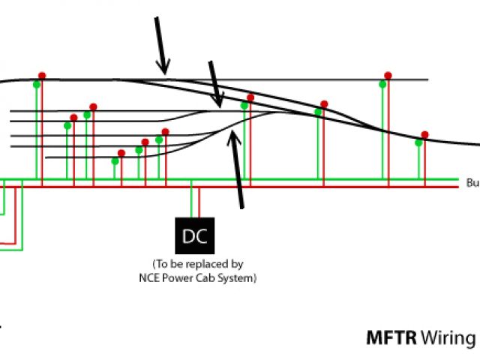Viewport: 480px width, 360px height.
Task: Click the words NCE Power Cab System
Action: click(x=197, y=278)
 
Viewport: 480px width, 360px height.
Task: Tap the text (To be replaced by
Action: click(x=197, y=265)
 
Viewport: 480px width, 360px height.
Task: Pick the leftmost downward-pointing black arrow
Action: click(x=160, y=45)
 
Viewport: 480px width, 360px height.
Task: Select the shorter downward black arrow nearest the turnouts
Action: click(x=216, y=84)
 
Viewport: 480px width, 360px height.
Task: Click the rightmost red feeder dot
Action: click(x=424, y=135)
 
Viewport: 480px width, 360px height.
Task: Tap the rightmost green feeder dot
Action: click(x=418, y=142)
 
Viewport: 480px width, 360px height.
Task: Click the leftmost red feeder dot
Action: click(x=42, y=76)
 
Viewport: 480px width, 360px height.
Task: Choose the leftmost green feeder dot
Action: click(x=36, y=83)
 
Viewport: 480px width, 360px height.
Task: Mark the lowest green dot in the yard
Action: click(x=115, y=160)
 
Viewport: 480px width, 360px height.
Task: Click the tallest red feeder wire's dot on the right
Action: click(x=388, y=76)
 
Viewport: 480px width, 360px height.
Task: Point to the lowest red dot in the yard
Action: click(x=121, y=153)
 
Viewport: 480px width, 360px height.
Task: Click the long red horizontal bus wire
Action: click(x=300, y=187)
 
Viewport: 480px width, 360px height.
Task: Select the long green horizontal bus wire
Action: click(x=300, y=180)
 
